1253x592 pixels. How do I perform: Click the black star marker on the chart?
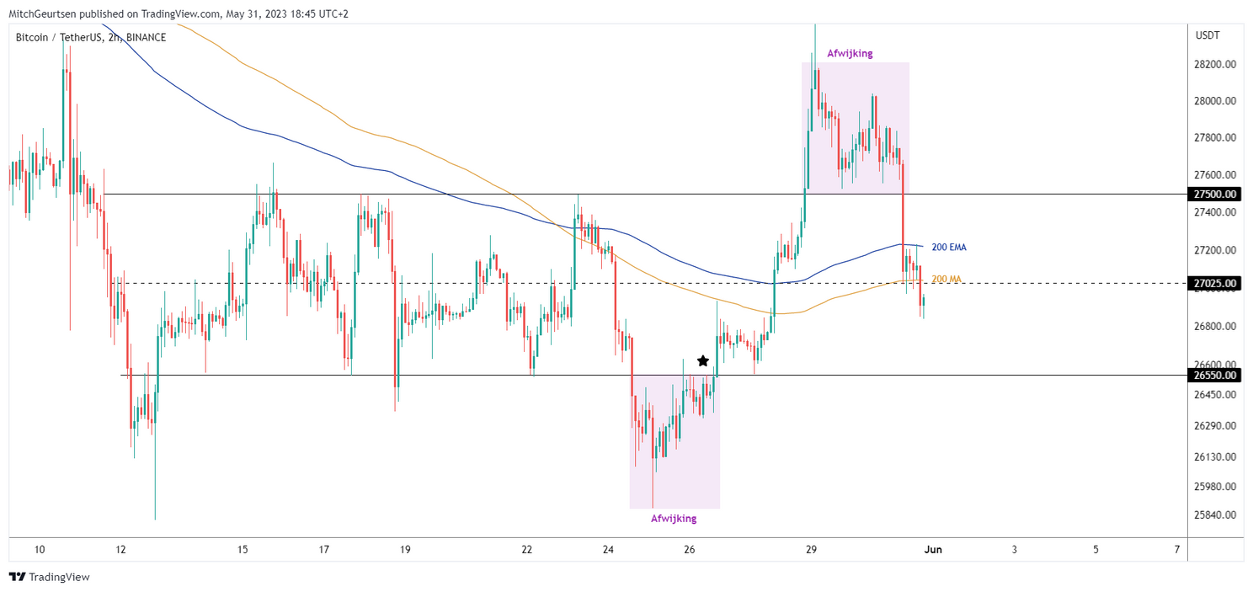click(x=703, y=360)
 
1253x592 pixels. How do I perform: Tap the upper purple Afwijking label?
click(x=850, y=53)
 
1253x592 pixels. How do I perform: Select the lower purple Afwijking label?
click(x=674, y=519)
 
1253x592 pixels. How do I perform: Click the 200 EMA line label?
click(x=948, y=247)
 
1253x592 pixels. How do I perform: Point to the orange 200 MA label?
click(x=946, y=279)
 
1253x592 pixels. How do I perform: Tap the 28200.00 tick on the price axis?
click(x=1215, y=64)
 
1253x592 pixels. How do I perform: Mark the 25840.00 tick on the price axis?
click(x=1215, y=515)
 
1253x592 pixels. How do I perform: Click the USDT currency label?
click(x=1208, y=35)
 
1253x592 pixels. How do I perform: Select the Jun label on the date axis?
click(x=932, y=550)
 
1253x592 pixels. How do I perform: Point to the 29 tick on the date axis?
click(x=811, y=550)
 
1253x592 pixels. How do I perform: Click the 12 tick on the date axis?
click(x=121, y=550)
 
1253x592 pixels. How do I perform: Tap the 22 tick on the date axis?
click(x=527, y=550)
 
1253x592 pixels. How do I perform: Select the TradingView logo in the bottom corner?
click(x=50, y=577)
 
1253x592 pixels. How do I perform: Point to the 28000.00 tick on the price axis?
click(x=1215, y=101)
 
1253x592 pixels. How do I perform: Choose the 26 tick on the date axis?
click(x=690, y=550)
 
